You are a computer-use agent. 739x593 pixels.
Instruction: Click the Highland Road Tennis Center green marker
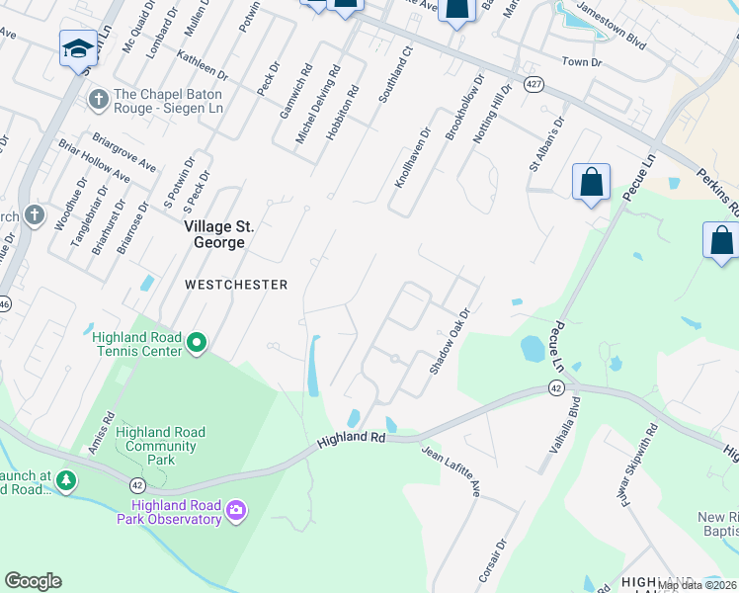pos(197,343)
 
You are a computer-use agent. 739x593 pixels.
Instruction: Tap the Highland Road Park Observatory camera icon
pos(236,510)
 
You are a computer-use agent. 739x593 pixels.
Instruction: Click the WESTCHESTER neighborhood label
pos(236,285)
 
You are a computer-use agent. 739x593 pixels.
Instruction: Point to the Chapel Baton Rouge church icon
pos(98,99)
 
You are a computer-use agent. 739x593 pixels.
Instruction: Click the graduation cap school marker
pos(77,48)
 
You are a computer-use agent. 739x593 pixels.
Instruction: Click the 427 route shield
pos(534,85)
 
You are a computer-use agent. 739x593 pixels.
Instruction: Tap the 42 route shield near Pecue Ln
pos(555,389)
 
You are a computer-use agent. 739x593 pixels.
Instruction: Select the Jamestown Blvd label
pos(611,44)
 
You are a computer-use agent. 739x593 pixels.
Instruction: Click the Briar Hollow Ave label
pos(95,164)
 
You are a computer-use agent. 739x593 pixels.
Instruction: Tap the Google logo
pos(33,581)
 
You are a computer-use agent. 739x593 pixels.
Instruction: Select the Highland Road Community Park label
pos(160,446)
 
